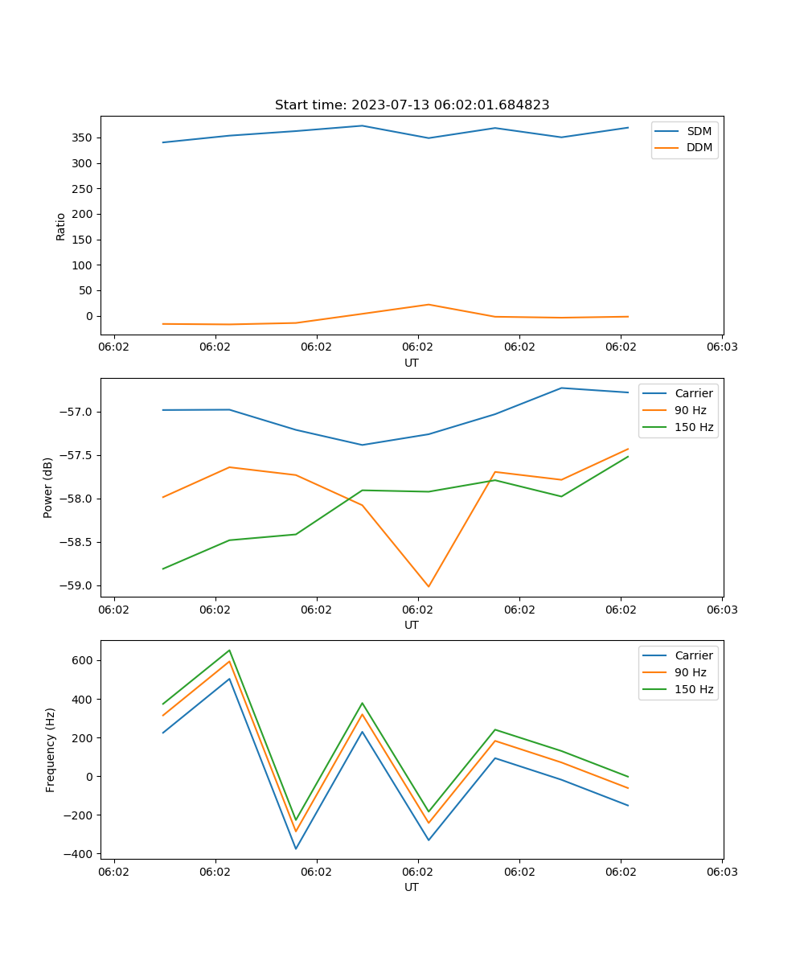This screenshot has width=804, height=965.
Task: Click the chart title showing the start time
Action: (412, 105)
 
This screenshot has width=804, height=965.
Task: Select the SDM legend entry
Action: (699, 130)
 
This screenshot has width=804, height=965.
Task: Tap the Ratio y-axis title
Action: (61, 226)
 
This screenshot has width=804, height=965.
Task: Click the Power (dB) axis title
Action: (48, 487)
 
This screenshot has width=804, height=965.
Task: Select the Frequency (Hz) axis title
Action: (51, 749)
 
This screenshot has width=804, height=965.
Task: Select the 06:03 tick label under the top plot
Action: (722, 347)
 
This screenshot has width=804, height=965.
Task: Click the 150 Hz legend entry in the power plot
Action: (694, 427)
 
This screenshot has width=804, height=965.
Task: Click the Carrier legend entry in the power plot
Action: (694, 393)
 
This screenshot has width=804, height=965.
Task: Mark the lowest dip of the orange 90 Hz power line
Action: (429, 586)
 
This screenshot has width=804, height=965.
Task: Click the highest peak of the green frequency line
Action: (229, 650)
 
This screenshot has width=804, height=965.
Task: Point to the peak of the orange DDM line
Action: (429, 304)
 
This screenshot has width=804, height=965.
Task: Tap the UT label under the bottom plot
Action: (412, 887)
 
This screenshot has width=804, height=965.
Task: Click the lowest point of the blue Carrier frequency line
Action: (296, 848)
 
